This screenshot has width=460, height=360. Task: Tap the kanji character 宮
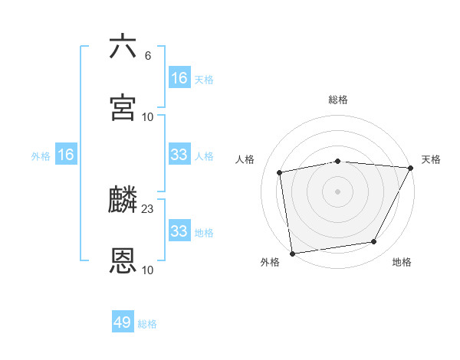click(x=123, y=107)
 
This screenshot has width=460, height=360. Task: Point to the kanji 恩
click(x=123, y=260)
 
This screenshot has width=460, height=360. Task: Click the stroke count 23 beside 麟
click(x=148, y=208)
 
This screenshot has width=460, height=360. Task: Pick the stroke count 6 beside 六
click(x=148, y=56)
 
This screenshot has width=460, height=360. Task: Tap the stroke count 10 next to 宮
click(x=148, y=117)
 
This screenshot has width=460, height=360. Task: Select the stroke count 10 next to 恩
click(x=148, y=270)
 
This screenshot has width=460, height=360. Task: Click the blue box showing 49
click(x=123, y=322)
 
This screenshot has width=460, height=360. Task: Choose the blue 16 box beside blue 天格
click(x=179, y=78)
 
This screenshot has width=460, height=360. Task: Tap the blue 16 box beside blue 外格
click(x=66, y=155)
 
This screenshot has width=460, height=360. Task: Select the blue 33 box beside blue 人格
click(x=179, y=155)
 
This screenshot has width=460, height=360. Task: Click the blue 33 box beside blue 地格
click(x=179, y=231)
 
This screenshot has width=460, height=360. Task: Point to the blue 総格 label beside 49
click(x=148, y=324)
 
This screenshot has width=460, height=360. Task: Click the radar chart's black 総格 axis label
click(x=338, y=100)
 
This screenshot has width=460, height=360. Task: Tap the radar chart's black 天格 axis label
click(x=431, y=159)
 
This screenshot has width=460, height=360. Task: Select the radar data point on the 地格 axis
click(x=374, y=242)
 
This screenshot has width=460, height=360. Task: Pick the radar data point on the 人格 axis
click(x=280, y=172)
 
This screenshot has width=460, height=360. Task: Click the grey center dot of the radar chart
click(x=337, y=191)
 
